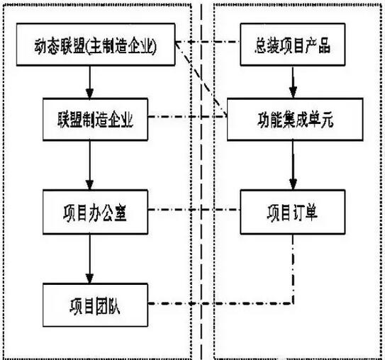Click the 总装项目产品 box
pyautogui.click(x=291, y=49)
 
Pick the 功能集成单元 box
pyautogui.click(x=291, y=122)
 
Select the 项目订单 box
pyautogui.click(x=291, y=211)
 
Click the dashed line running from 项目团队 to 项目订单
pyautogui.click(x=213, y=304)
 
